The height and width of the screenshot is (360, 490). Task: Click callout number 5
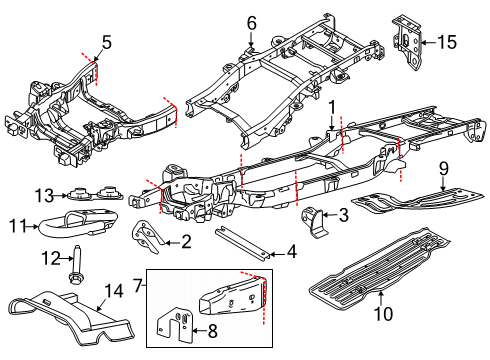coord(105,42)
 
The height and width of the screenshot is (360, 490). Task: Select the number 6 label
coord(252,22)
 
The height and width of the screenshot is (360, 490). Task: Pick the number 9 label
coord(444,168)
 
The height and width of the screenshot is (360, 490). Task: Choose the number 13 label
coord(43,193)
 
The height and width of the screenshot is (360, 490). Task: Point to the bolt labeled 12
coord(75,264)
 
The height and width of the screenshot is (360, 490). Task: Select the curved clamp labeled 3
coord(311,219)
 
